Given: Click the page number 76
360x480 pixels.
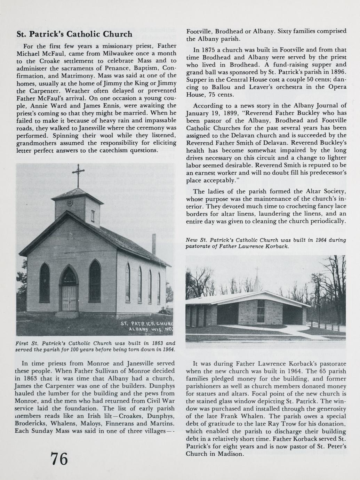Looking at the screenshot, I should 59,459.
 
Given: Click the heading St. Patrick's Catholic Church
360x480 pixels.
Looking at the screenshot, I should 74,34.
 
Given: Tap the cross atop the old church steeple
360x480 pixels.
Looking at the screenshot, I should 78,173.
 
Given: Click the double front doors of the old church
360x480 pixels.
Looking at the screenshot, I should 69,298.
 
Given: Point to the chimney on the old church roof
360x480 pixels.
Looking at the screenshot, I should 153,245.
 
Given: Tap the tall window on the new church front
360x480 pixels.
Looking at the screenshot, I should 261,311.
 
